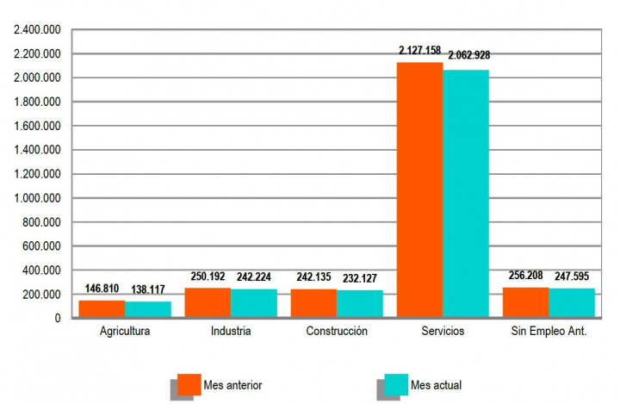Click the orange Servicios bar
[x=419, y=190]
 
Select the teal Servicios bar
[x=466, y=194]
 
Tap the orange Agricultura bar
[x=102, y=309]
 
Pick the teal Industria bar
[x=254, y=303]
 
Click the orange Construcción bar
[x=313, y=303]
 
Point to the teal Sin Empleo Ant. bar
[x=572, y=303]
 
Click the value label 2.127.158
[x=420, y=51]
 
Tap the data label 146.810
[x=102, y=289]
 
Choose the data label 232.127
[x=360, y=277]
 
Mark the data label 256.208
[x=525, y=276]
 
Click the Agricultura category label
[x=125, y=331]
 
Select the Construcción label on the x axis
[x=337, y=331]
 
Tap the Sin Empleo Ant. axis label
[x=549, y=331]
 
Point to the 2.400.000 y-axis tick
[x=37, y=30]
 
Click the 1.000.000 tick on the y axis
[x=37, y=198]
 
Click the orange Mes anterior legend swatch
[x=189, y=384]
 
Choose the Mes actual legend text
[x=436, y=384]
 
